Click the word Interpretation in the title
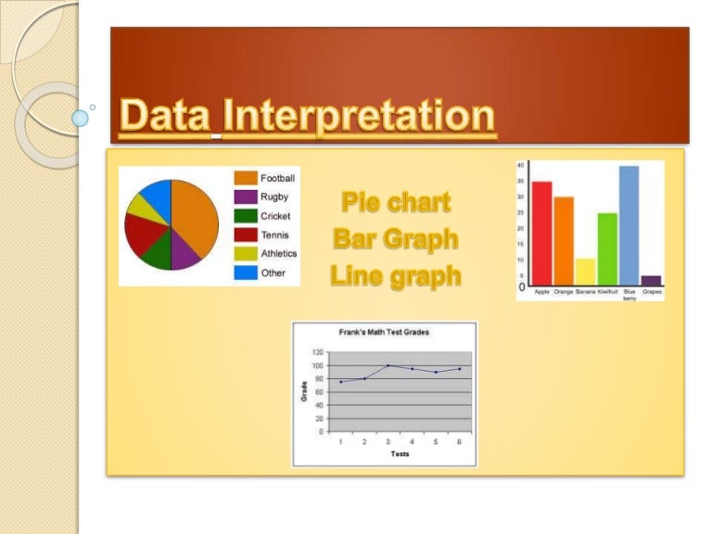pos(360,118)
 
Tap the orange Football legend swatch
pos(245,178)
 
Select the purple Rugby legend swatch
pos(245,197)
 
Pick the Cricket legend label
pos(275,216)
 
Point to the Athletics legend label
pos(279,253)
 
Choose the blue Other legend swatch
pos(245,273)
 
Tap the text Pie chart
pos(396,201)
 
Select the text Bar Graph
pos(396,238)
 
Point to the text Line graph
pos(396,275)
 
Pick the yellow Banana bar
pos(585,272)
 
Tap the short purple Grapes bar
pos(652,281)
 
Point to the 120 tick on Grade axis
pos(318,352)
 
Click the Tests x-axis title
pos(400,454)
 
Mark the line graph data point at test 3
pos(388,365)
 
